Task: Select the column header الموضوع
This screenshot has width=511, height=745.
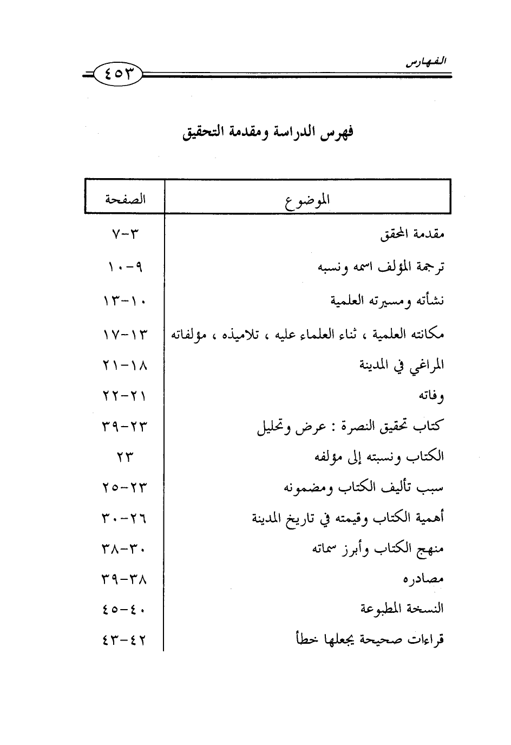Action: click(307, 200)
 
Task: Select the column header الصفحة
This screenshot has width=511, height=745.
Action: click(125, 199)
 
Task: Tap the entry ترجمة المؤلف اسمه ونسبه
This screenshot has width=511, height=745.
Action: click(381, 267)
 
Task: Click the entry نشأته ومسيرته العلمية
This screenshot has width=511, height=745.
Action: click(388, 300)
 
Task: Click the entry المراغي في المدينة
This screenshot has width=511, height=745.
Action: click(402, 365)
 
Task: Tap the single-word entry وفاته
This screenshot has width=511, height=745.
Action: click(431, 396)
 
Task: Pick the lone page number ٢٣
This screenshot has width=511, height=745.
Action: click(124, 458)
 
